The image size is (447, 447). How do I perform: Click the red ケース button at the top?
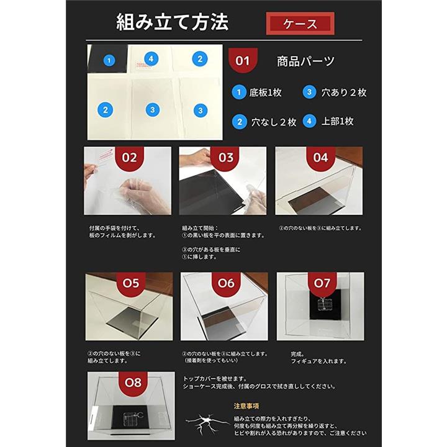[x=300, y=24]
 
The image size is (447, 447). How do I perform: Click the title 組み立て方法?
[x=173, y=22]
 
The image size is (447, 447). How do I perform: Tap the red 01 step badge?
[x=243, y=60]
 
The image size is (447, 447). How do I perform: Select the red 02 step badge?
[x=129, y=158]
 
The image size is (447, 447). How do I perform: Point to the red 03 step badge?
[x=226, y=158]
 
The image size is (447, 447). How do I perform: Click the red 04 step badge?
[x=321, y=158]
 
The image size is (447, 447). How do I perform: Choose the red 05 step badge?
[x=131, y=284]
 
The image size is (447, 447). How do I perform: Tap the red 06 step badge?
[x=226, y=284]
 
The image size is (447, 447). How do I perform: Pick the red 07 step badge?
[x=322, y=284]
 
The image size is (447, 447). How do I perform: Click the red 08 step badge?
[x=133, y=384]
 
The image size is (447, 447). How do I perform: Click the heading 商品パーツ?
[x=305, y=61]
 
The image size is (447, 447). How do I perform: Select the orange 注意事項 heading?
[x=246, y=406]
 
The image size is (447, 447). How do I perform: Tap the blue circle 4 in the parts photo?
[x=151, y=59]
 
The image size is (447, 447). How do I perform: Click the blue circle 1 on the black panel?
[x=109, y=60]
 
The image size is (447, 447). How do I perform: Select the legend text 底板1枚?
[x=266, y=93]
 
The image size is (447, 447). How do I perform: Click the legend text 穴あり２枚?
[x=344, y=93]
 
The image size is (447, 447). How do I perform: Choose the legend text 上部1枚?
[x=338, y=121]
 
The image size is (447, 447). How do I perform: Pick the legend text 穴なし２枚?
[x=274, y=122]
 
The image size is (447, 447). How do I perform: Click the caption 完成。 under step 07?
[x=298, y=354]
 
